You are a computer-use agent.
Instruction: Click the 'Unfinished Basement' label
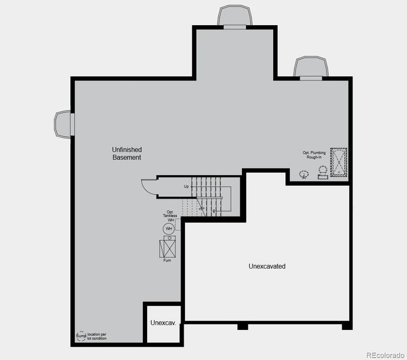[126, 153]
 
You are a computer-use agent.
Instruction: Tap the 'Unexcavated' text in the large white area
[267, 266]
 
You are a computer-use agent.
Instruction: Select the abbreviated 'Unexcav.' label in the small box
[163, 323]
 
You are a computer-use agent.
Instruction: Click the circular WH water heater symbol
[169, 229]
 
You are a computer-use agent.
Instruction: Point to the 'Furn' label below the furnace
[167, 260]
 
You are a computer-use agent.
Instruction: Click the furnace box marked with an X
[168, 247]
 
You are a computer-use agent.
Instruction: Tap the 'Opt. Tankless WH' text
[170, 217]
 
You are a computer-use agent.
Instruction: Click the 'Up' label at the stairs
[186, 187]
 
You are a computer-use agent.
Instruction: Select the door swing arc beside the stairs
[148, 187]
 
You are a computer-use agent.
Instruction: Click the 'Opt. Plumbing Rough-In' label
[314, 155]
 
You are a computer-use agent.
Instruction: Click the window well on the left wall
[63, 124]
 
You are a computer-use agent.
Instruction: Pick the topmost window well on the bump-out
[235, 16]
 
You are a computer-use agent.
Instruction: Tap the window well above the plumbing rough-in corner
[311, 67]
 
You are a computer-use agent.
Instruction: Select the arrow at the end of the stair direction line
[214, 211]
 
